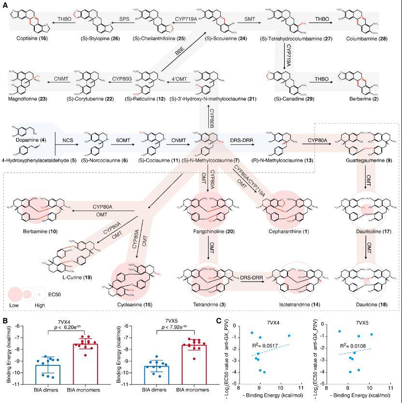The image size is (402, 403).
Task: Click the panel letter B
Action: [x=5, y=320]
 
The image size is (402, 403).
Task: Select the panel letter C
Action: [x=218, y=320]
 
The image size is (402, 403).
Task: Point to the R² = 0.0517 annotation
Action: [x=271, y=346]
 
